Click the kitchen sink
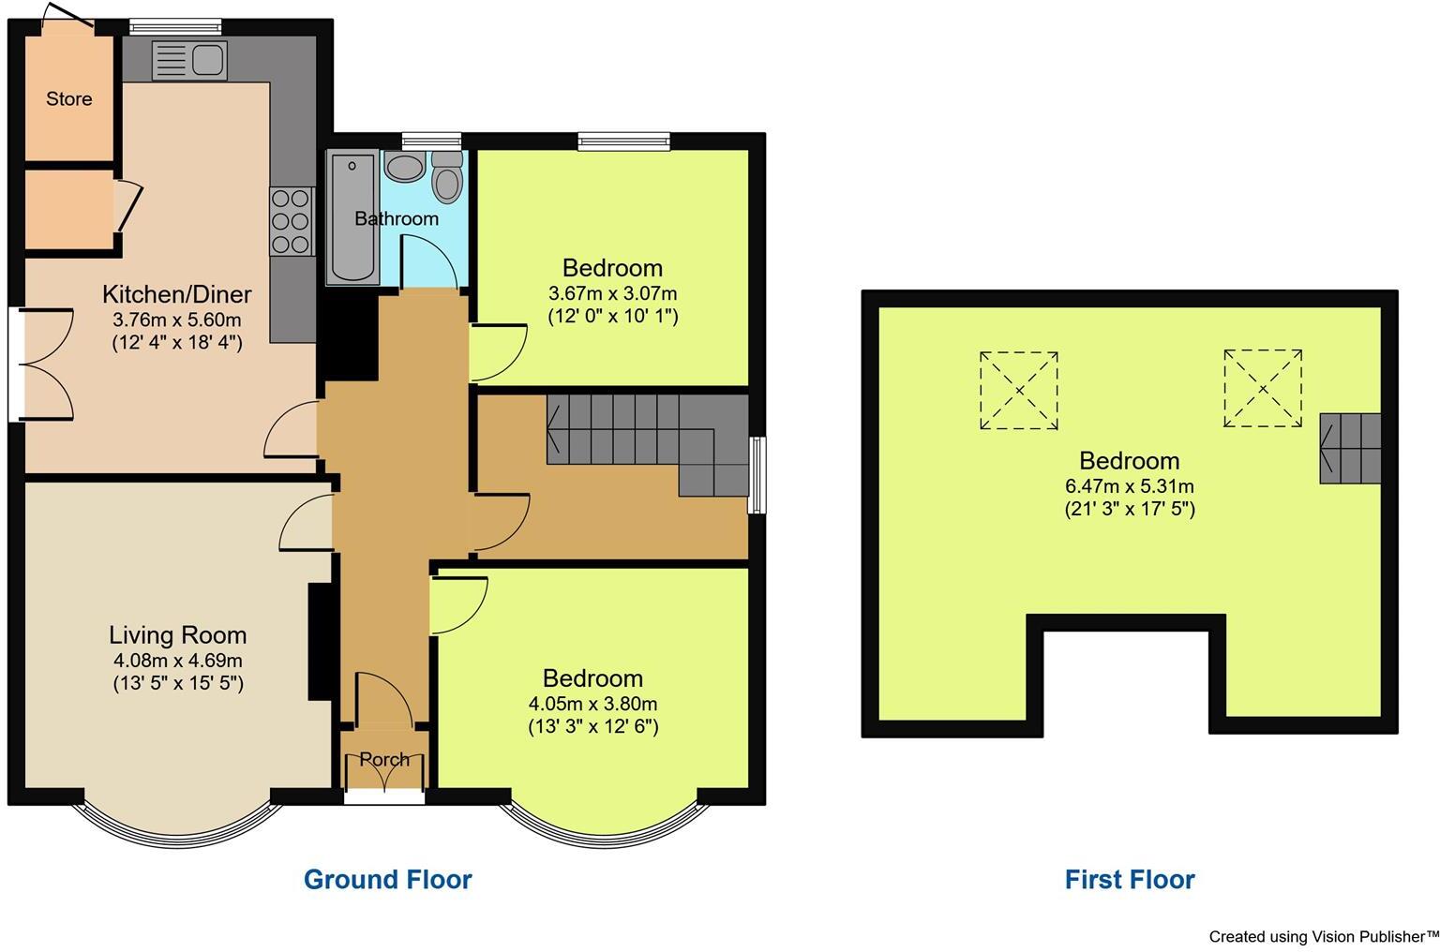tap(189, 61)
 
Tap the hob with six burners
tap(292, 221)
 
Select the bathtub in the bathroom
tap(352, 217)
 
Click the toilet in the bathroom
tap(448, 178)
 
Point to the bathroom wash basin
tap(404, 168)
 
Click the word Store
tap(69, 98)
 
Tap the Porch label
tap(384, 759)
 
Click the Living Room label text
tap(177, 635)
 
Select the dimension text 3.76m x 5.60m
tap(177, 320)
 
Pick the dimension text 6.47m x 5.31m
tap(1129, 486)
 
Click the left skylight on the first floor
tap(1018, 390)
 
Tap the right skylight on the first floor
tap(1262, 388)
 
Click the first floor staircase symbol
tap(1350, 449)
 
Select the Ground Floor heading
tap(387, 879)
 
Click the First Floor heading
tap(1129, 879)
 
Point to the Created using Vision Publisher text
tap(1323, 936)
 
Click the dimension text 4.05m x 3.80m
tap(592, 704)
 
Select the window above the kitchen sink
tap(175, 26)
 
